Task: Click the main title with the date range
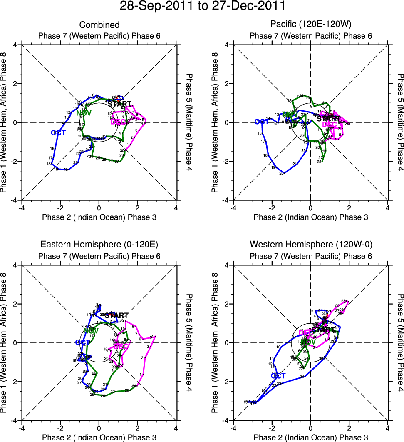[202, 6]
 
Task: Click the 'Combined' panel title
[99, 25]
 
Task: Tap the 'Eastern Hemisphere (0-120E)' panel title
[99, 244]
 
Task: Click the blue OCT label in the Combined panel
[58, 132]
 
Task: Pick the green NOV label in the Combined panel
[84, 113]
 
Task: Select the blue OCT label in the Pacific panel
[262, 122]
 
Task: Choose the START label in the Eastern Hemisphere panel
[116, 315]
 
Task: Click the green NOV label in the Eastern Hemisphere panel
[90, 330]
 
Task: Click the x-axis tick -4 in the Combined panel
[22, 208]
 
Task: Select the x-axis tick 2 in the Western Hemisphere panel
[349, 428]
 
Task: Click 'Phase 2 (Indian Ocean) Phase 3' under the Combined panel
[99, 217]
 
